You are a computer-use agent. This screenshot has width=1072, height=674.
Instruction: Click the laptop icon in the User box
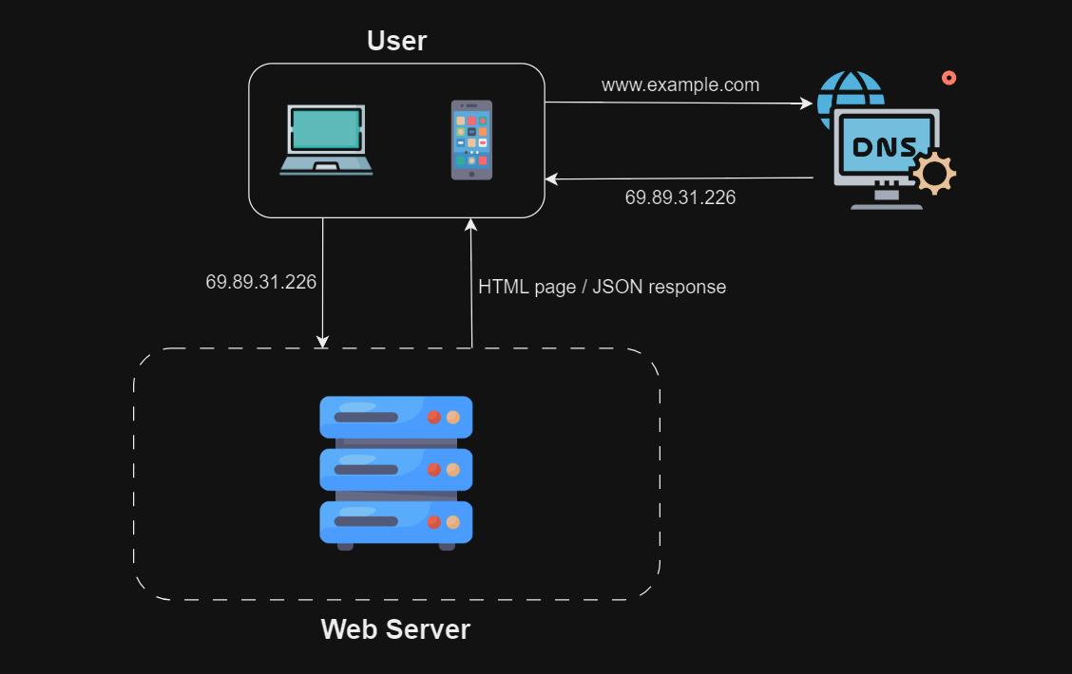click(x=326, y=140)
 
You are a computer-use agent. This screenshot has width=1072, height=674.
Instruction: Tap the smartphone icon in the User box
click(x=471, y=140)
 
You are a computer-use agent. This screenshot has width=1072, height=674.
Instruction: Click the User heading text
click(x=396, y=41)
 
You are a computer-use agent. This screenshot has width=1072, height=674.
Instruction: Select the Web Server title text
click(x=395, y=629)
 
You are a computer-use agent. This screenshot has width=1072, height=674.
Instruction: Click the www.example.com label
click(x=680, y=84)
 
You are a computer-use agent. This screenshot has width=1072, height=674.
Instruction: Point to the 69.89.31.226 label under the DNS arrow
click(x=680, y=197)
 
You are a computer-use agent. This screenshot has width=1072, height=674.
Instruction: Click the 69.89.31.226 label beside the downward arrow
click(x=260, y=282)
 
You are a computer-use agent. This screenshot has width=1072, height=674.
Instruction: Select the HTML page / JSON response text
click(x=602, y=287)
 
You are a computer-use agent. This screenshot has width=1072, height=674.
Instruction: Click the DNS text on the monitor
click(x=885, y=147)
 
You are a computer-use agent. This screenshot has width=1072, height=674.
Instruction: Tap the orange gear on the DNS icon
click(x=934, y=173)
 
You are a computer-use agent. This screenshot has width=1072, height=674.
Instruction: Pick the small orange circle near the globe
click(x=948, y=78)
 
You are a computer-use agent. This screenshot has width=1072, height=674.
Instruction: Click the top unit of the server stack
click(x=395, y=417)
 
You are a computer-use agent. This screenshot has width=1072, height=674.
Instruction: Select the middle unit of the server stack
click(x=395, y=469)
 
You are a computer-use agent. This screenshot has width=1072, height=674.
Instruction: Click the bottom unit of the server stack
click(x=395, y=521)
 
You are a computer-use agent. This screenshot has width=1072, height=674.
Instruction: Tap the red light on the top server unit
click(x=433, y=417)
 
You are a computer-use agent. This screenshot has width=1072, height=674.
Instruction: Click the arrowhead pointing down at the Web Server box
click(x=323, y=341)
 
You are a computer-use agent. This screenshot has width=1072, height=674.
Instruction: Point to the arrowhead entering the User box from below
click(x=470, y=225)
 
